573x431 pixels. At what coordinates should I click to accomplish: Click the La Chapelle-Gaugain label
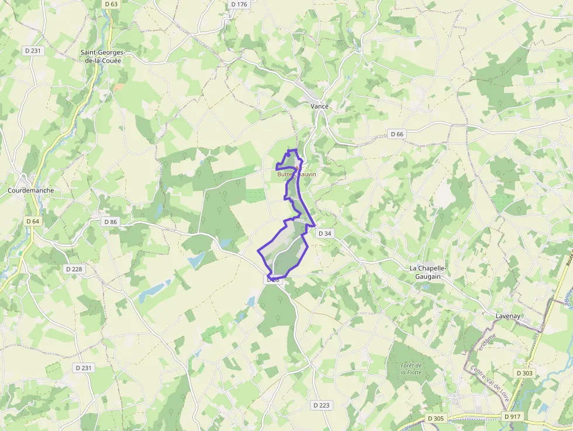click(x=428, y=272)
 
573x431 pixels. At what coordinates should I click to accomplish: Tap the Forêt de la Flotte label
click(x=411, y=369)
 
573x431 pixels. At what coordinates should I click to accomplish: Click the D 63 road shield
click(x=111, y=4)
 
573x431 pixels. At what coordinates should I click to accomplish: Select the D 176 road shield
click(x=239, y=4)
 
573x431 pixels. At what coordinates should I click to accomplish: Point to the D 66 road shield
click(x=396, y=134)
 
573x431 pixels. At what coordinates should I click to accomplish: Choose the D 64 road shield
click(x=32, y=221)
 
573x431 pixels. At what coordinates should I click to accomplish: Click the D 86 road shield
click(x=110, y=222)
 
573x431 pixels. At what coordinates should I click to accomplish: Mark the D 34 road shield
click(x=325, y=233)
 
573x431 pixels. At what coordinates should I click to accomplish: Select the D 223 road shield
click(x=321, y=405)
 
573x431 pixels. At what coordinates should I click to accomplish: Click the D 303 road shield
click(x=524, y=373)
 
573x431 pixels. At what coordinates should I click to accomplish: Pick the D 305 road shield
click(x=436, y=418)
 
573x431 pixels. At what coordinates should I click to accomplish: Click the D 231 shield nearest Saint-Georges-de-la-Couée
click(x=33, y=51)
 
